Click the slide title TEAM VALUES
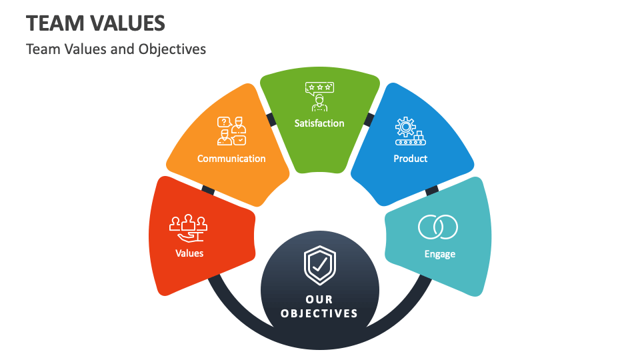pos(95,23)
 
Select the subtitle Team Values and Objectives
pos(116,49)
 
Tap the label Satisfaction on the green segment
pos(319,123)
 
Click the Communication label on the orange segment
pos(231,159)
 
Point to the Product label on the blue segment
pos(411,159)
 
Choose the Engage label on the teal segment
pos(440,254)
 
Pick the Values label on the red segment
pos(189,253)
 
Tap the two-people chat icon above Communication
pos(231,131)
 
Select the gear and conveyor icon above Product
pos(409,131)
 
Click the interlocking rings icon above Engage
pos(438,227)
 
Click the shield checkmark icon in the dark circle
pos(320,265)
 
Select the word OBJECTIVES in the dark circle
pos(319,313)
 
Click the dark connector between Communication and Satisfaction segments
pos(271,119)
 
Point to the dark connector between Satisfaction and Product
pos(369,119)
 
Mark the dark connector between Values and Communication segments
pos(208,190)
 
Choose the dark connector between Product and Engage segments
pos(431,190)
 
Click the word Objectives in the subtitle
pos(173,49)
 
